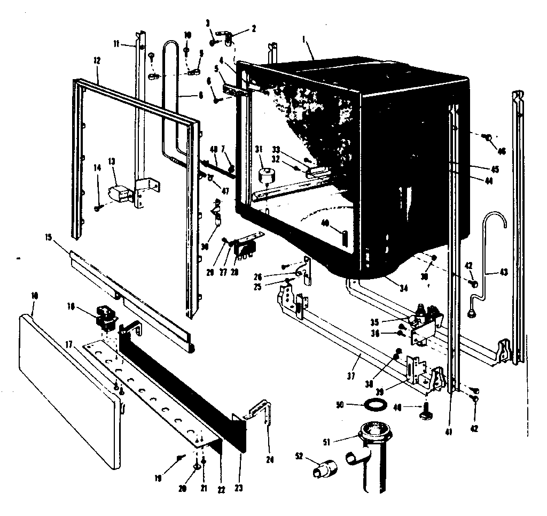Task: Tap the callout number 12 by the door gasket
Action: pos(97,61)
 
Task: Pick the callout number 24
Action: pos(269,442)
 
